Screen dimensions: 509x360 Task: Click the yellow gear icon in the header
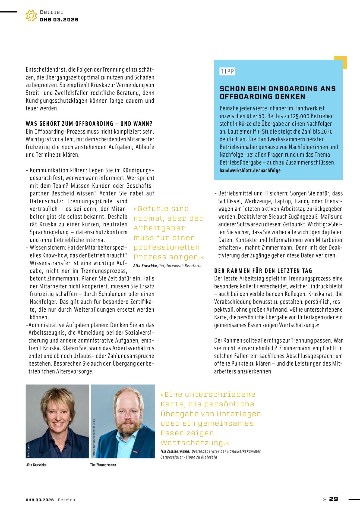[31, 16]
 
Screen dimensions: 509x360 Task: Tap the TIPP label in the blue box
[227, 71]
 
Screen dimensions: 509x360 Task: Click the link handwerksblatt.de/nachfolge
[250, 170]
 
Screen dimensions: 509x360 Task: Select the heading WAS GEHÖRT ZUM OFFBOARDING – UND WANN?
[89, 124]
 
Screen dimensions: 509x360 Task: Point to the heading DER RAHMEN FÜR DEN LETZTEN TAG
[263, 271]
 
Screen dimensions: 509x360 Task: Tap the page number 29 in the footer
[333, 499]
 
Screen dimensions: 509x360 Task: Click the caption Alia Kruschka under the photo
[36, 465]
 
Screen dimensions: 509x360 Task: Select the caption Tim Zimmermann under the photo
[103, 465]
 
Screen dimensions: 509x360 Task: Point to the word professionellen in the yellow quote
[166, 247]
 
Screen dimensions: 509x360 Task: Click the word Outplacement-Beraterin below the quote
[180, 266]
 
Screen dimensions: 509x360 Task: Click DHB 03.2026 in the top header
[59, 20]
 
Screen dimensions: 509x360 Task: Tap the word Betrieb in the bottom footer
[66, 500]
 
